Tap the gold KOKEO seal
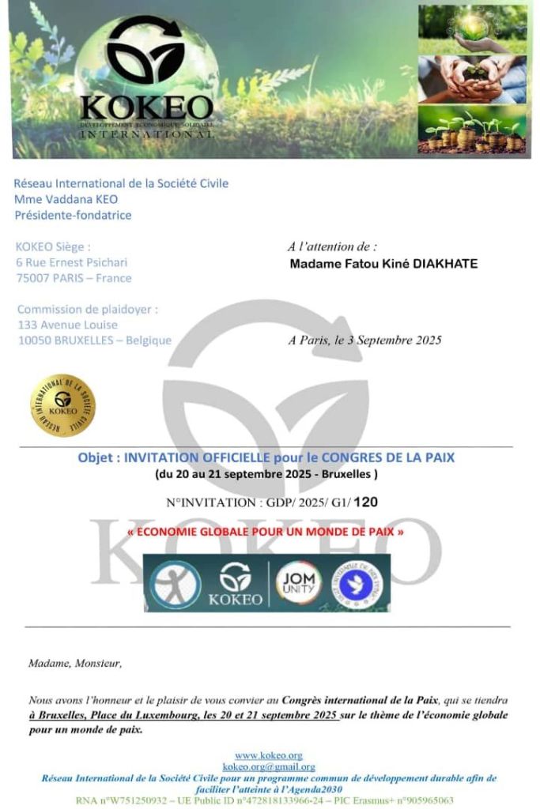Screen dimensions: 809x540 62,405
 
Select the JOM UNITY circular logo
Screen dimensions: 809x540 299,583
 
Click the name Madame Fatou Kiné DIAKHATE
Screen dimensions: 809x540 383,264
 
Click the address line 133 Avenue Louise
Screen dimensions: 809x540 67,325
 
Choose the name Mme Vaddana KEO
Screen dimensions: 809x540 66,199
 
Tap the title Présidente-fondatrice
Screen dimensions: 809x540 73,215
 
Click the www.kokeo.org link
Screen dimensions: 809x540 268,756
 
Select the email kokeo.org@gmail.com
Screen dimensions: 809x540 268,766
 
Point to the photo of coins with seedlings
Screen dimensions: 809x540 472,130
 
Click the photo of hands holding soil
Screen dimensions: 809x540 472,79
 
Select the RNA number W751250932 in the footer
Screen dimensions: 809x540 134,800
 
